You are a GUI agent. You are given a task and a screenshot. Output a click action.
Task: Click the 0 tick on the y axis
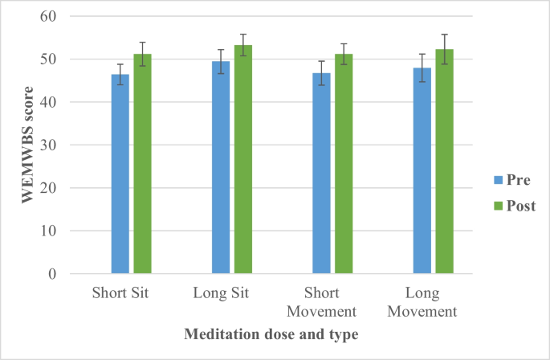tap(51, 274)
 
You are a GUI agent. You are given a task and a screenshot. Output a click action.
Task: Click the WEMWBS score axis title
tap(27, 145)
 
